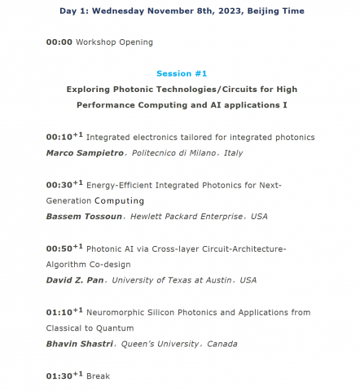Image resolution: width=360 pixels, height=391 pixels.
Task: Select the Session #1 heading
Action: tap(179, 72)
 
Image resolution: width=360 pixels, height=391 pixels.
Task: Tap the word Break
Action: tap(98, 376)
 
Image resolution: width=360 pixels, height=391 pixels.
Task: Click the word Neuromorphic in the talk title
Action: tap(116, 312)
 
